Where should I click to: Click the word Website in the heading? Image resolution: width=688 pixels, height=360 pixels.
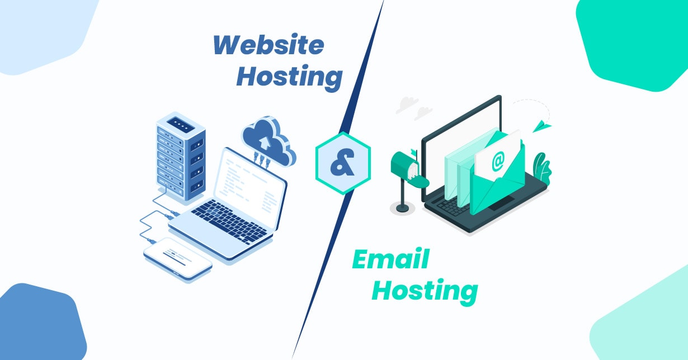click(268, 45)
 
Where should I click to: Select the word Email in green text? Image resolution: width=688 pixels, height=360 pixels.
click(390, 260)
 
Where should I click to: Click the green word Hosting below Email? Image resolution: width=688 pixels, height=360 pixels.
click(425, 291)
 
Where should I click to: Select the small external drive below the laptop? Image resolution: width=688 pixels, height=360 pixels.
click(178, 257)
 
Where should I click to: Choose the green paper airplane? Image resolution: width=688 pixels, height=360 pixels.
click(541, 126)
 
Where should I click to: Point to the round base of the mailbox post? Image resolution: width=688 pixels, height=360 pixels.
click(402, 209)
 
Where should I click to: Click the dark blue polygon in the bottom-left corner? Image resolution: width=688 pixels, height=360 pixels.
click(39, 324)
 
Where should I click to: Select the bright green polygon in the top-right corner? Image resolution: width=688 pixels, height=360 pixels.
click(638, 39)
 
